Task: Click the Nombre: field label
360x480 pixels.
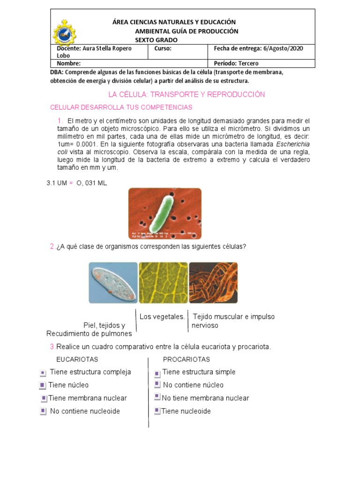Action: [68, 63]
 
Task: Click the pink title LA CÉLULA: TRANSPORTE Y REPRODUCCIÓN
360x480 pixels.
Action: [187, 95]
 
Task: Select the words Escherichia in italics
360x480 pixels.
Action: [293, 144]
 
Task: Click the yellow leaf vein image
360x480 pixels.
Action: [163, 283]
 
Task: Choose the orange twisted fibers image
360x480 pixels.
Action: [213, 283]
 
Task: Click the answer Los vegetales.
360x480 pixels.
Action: [162, 317]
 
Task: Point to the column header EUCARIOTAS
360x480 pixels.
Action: [77, 360]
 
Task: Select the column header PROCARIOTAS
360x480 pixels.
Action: [186, 360]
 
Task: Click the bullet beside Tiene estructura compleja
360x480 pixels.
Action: [43, 373]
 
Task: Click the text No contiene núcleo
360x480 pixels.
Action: [193, 385]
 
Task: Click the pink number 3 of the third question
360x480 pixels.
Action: [52, 347]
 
